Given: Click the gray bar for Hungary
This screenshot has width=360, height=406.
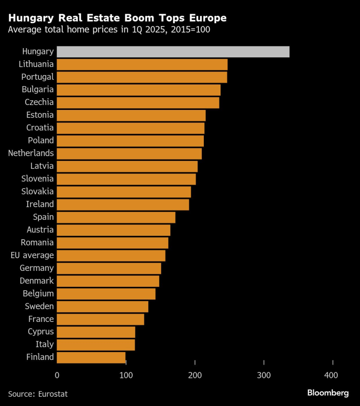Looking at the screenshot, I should pos(173,52).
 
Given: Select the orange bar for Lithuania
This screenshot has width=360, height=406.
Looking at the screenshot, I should pos(142,64).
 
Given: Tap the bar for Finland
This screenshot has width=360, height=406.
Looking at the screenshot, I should pos(91,357).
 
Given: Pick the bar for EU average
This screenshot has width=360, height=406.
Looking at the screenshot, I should pos(111,255).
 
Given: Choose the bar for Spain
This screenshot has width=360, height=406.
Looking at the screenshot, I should pos(116,217).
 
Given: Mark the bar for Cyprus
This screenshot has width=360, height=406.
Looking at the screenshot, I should pos(96,332).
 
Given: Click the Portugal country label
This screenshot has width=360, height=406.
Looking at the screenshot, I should pos(37,77).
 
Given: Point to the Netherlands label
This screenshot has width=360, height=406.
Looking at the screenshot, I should pos(31,153).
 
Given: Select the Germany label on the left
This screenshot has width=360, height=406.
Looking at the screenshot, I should pos(36,268).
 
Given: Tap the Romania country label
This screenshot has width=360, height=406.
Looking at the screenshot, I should pos(37,243).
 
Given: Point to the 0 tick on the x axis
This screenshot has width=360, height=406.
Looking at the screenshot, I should pos(57,375).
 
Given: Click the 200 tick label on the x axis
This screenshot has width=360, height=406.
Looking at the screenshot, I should pos(195,375).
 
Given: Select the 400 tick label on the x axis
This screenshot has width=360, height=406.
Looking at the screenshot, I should pos(333,375).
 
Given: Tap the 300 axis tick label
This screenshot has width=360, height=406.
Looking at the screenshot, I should pos(264,375).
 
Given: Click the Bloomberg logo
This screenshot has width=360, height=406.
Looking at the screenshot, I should pos(327,393).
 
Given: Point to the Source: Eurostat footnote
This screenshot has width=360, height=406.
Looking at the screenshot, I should pos(38,394).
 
